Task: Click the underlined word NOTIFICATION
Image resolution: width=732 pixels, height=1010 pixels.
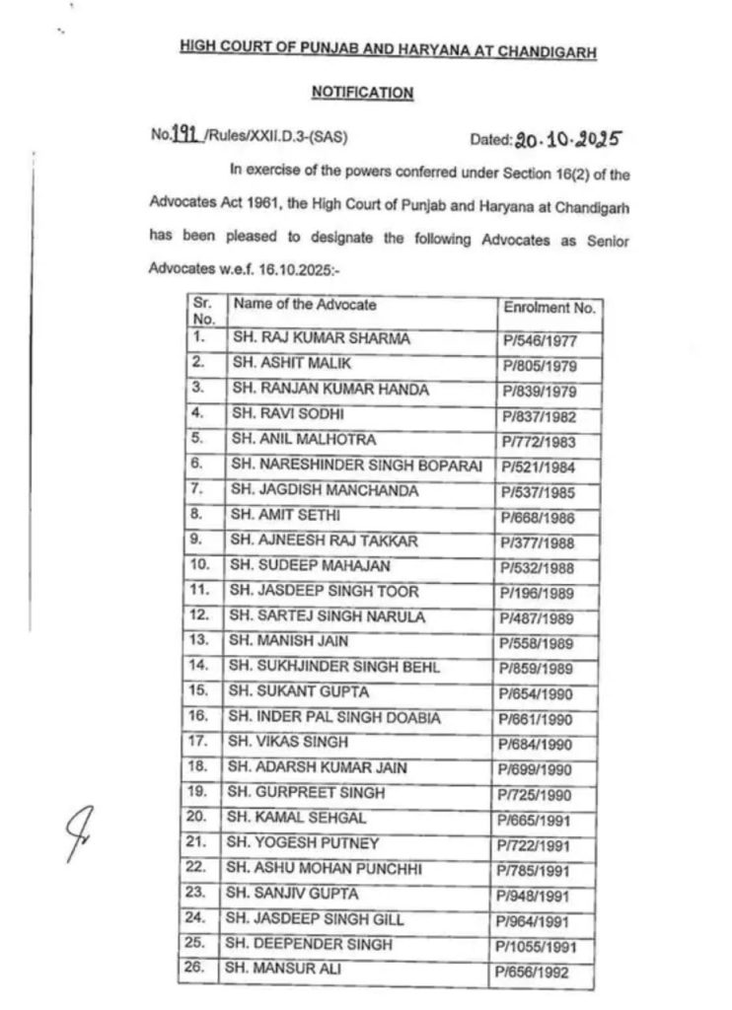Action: [x=362, y=93]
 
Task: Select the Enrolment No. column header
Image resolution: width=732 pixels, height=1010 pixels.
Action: [x=549, y=308]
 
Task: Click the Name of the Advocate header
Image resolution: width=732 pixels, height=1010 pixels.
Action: [x=305, y=305]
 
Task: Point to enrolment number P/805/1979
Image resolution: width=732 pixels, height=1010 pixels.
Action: [x=539, y=366]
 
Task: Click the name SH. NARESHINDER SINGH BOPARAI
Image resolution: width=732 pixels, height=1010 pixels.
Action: [x=356, y=466]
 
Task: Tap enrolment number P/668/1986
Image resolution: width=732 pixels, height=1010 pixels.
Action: [x=539, y=517]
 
